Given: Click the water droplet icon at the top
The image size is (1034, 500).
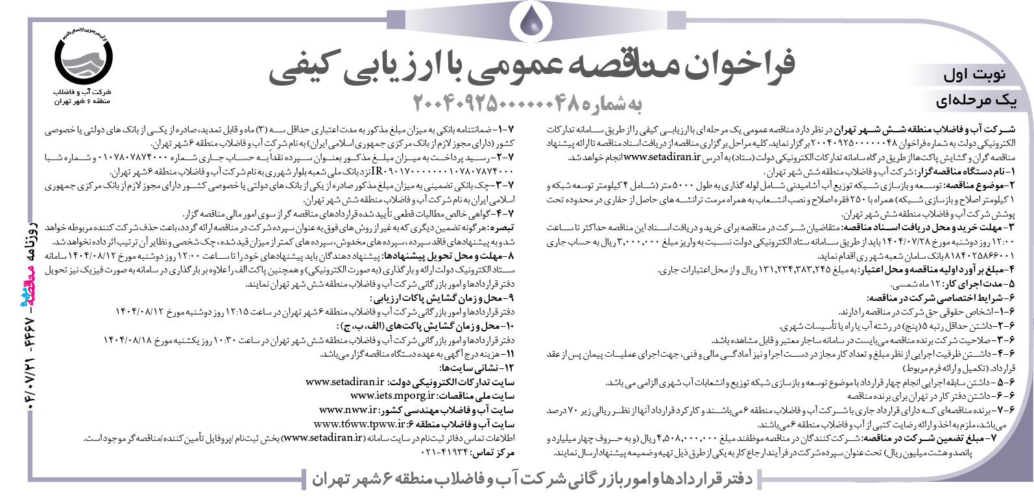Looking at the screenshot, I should click(x=534, y=23).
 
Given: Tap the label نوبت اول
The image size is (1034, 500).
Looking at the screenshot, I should click(x=974, y=74).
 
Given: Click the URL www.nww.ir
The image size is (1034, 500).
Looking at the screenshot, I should click(x=348, y=409).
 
